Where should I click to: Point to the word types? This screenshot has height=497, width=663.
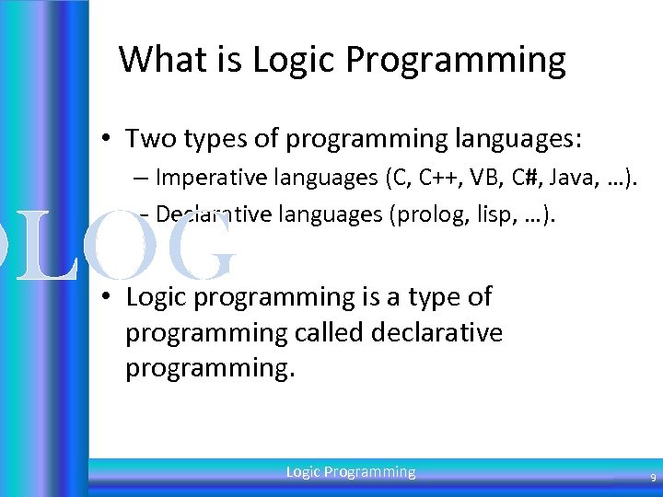(215, 140)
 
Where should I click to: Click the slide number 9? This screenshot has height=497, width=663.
(653, 479)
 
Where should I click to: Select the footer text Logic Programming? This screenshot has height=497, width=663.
(351, 472)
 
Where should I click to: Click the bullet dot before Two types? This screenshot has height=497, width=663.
(108, 140)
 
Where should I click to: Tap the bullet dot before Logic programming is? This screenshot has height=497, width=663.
(108, 297)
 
